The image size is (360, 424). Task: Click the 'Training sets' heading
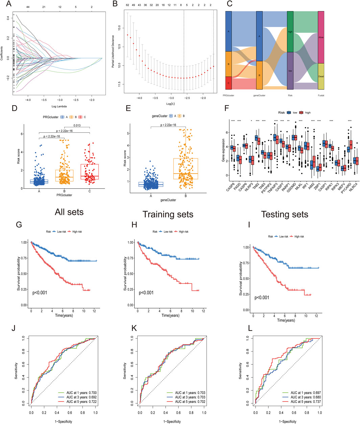tap(168, 215)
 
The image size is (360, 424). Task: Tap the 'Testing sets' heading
tap(285, 215)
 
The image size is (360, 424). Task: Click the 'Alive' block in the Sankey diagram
tap(321, 37)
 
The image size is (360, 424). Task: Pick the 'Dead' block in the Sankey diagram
tap(321, 76)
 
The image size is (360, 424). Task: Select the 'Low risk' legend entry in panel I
tap(282, 237)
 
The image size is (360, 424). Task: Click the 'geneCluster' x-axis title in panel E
tap(168, 200)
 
